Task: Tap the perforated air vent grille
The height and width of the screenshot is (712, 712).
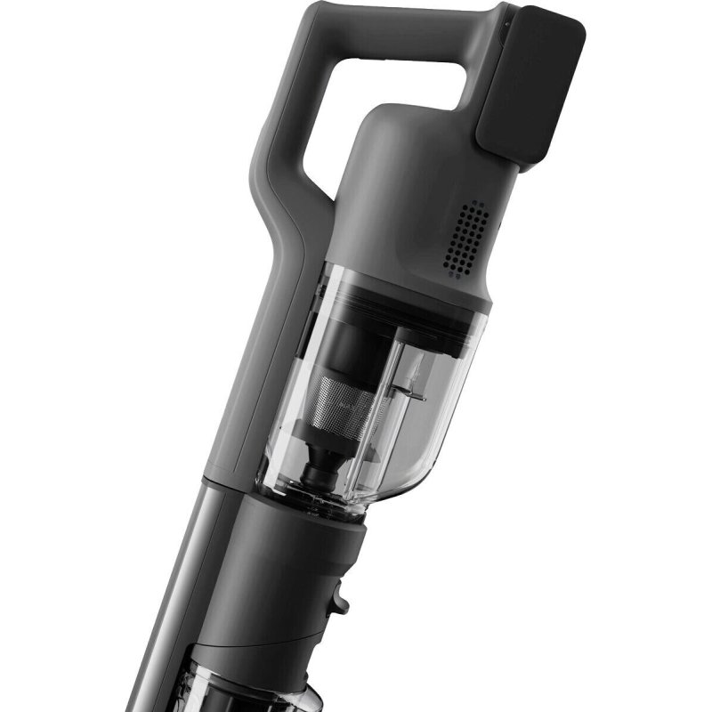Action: click(465, 236)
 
